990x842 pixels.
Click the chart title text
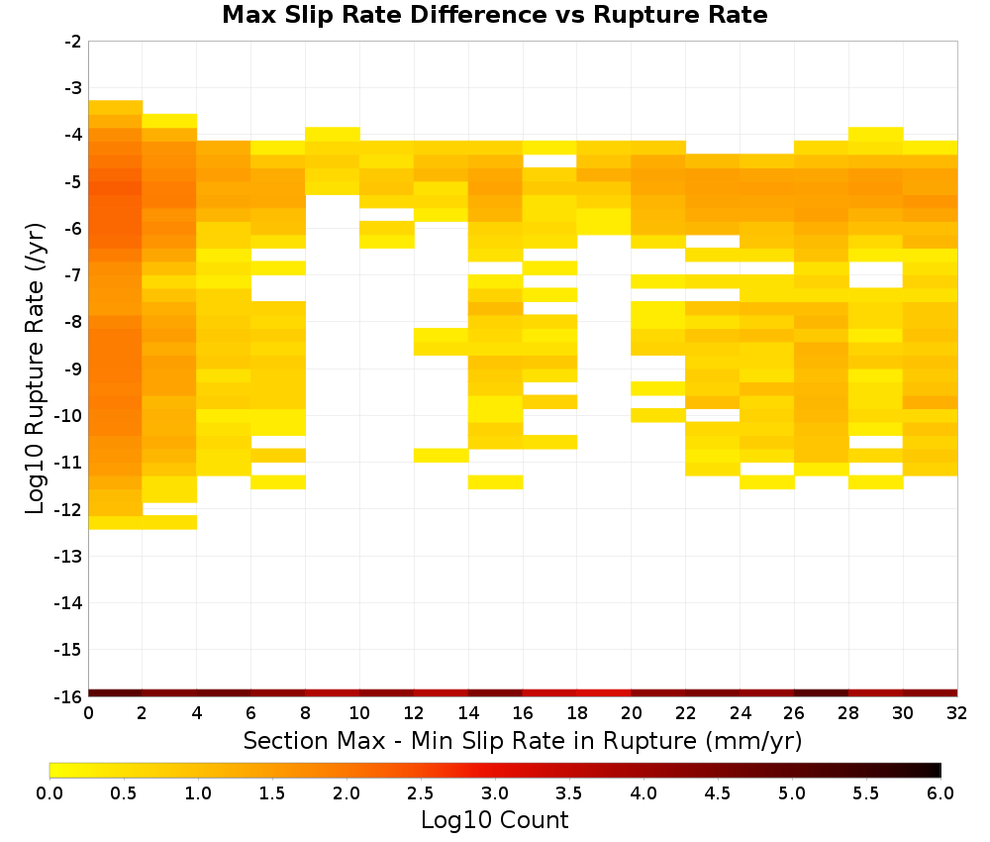[494, 15]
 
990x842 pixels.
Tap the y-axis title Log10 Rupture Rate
[35, 368]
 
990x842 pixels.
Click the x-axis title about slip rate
[523, 740]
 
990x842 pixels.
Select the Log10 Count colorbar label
[494, 820]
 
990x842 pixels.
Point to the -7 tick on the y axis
[73, 274]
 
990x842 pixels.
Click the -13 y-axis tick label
[69, 556]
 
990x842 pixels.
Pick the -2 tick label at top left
[73, 42]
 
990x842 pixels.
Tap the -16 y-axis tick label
[69, 696]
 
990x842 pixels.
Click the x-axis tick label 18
[577, 713]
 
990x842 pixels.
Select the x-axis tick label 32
[957, 713]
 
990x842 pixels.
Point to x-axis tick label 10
[359, 713]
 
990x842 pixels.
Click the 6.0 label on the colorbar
[940, 793]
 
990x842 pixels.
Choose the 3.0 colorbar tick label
[494, 793]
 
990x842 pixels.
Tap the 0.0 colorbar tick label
[49, 793]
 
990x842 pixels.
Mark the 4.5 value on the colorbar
[717, 793]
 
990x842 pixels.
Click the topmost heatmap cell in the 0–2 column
[116, 107]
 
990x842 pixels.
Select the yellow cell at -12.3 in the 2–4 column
[170, 522]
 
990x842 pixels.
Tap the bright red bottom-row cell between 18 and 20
[604, 693]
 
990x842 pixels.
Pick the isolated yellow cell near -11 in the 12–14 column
[442, 456]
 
